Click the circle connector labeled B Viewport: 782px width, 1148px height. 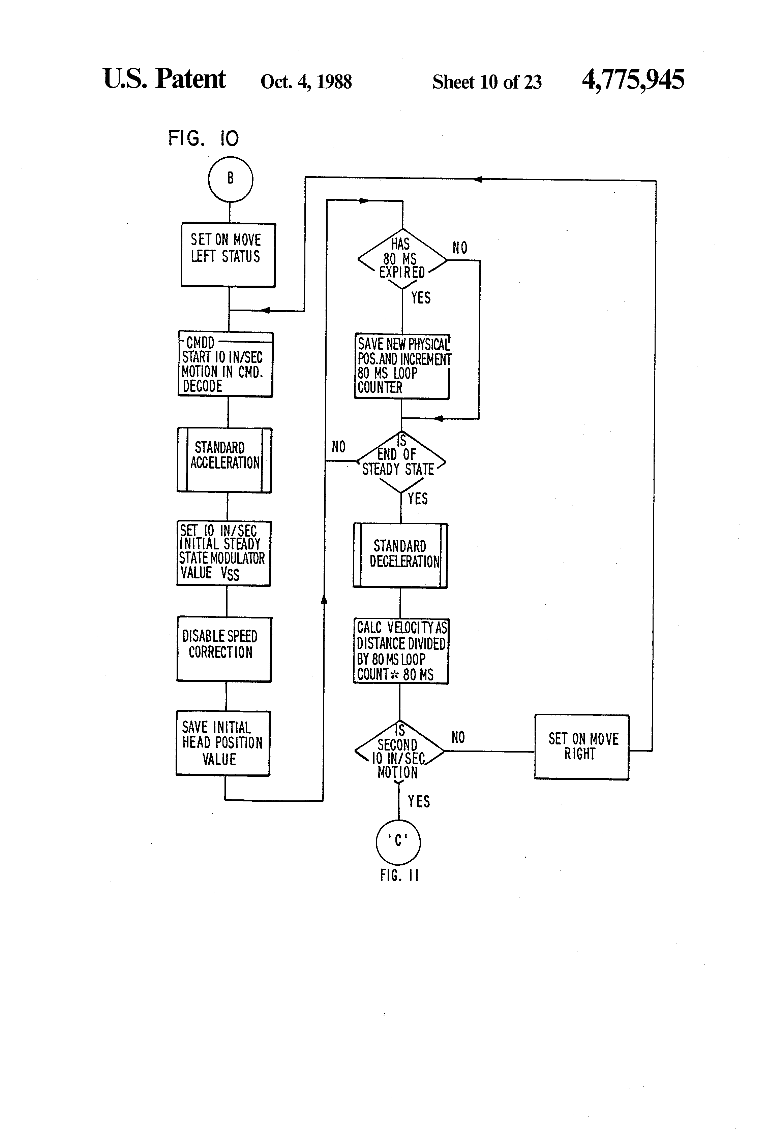230,179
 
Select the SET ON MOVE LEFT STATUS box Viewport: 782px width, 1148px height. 228,255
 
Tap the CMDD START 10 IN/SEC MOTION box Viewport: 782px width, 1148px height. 225,364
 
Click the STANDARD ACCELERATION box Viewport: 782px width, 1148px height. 224,460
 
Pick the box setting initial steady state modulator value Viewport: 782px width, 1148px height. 224,553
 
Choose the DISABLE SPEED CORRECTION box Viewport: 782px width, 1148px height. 224,649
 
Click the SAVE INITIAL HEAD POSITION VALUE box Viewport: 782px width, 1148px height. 223,743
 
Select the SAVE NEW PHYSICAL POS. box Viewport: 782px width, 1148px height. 402,366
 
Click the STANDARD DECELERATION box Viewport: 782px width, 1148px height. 400,555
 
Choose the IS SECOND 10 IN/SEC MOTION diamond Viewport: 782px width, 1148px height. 399,751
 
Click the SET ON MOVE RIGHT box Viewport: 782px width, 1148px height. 582,747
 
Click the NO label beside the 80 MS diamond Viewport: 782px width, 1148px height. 460,248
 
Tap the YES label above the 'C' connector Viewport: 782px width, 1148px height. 419,801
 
